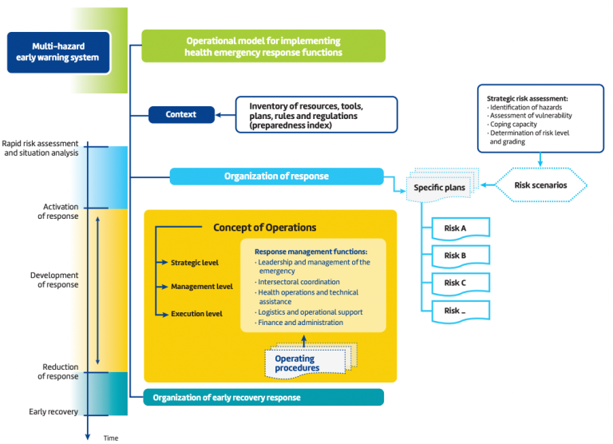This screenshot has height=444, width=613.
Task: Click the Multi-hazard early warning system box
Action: coord(57,53)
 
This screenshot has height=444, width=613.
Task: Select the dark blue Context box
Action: coord(183,114)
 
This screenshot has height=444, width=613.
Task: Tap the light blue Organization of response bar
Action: coord(276,176)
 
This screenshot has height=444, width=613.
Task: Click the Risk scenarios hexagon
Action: coord(541,185)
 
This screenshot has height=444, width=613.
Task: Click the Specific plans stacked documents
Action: coord(439,187)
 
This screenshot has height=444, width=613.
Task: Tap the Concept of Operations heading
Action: coord(264,228)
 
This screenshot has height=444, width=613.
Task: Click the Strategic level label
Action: coord(194,262)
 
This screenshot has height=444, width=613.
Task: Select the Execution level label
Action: coord(196,314)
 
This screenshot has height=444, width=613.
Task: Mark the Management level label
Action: coord(201,286)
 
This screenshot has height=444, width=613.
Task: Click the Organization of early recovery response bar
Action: coord(263,397)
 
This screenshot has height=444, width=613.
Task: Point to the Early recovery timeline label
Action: coord(53,412)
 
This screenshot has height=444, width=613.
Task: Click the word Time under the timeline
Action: coord(110,438)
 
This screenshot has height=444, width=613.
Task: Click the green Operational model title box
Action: coord(263,46)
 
